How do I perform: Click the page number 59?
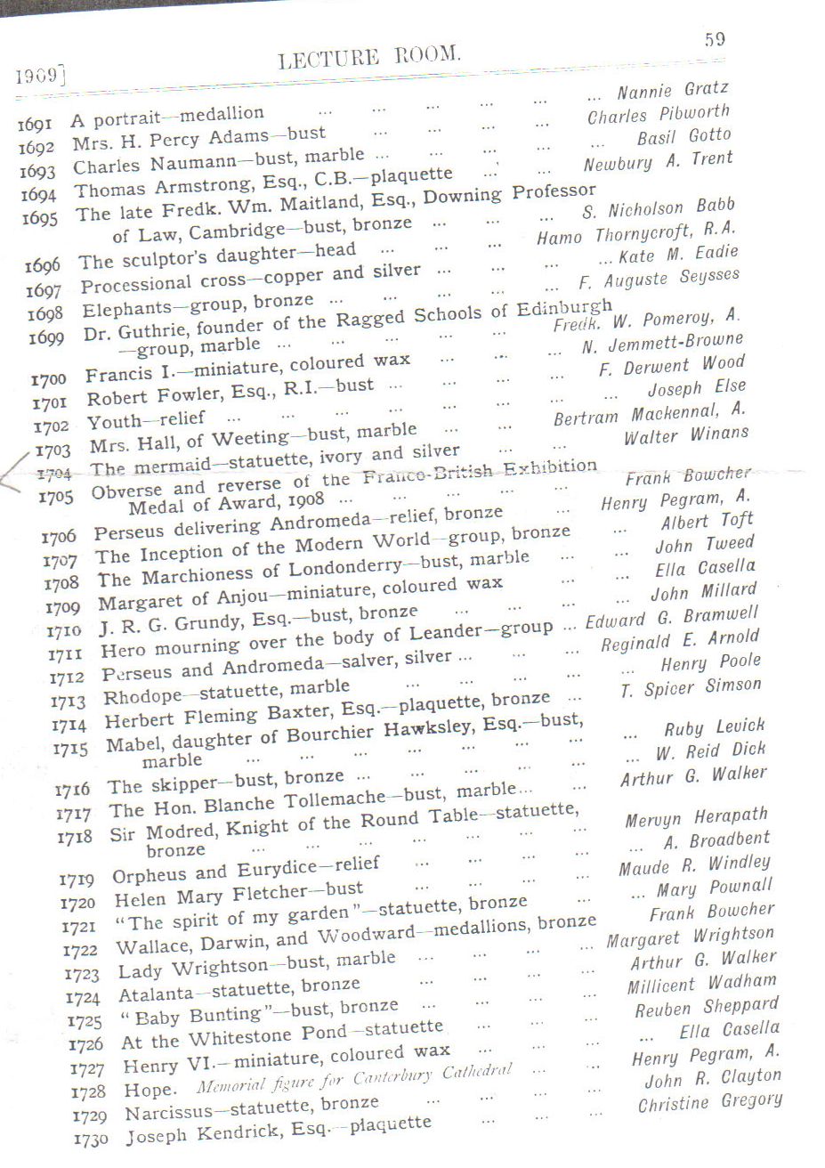[714, 39]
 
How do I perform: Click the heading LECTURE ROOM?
[369, 58]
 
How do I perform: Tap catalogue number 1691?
[36, 125]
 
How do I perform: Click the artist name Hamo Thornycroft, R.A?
[635, 233]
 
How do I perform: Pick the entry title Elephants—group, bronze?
[198, 305]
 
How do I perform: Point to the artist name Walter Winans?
[685, 436]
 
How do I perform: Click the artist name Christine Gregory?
[709, 1102]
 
